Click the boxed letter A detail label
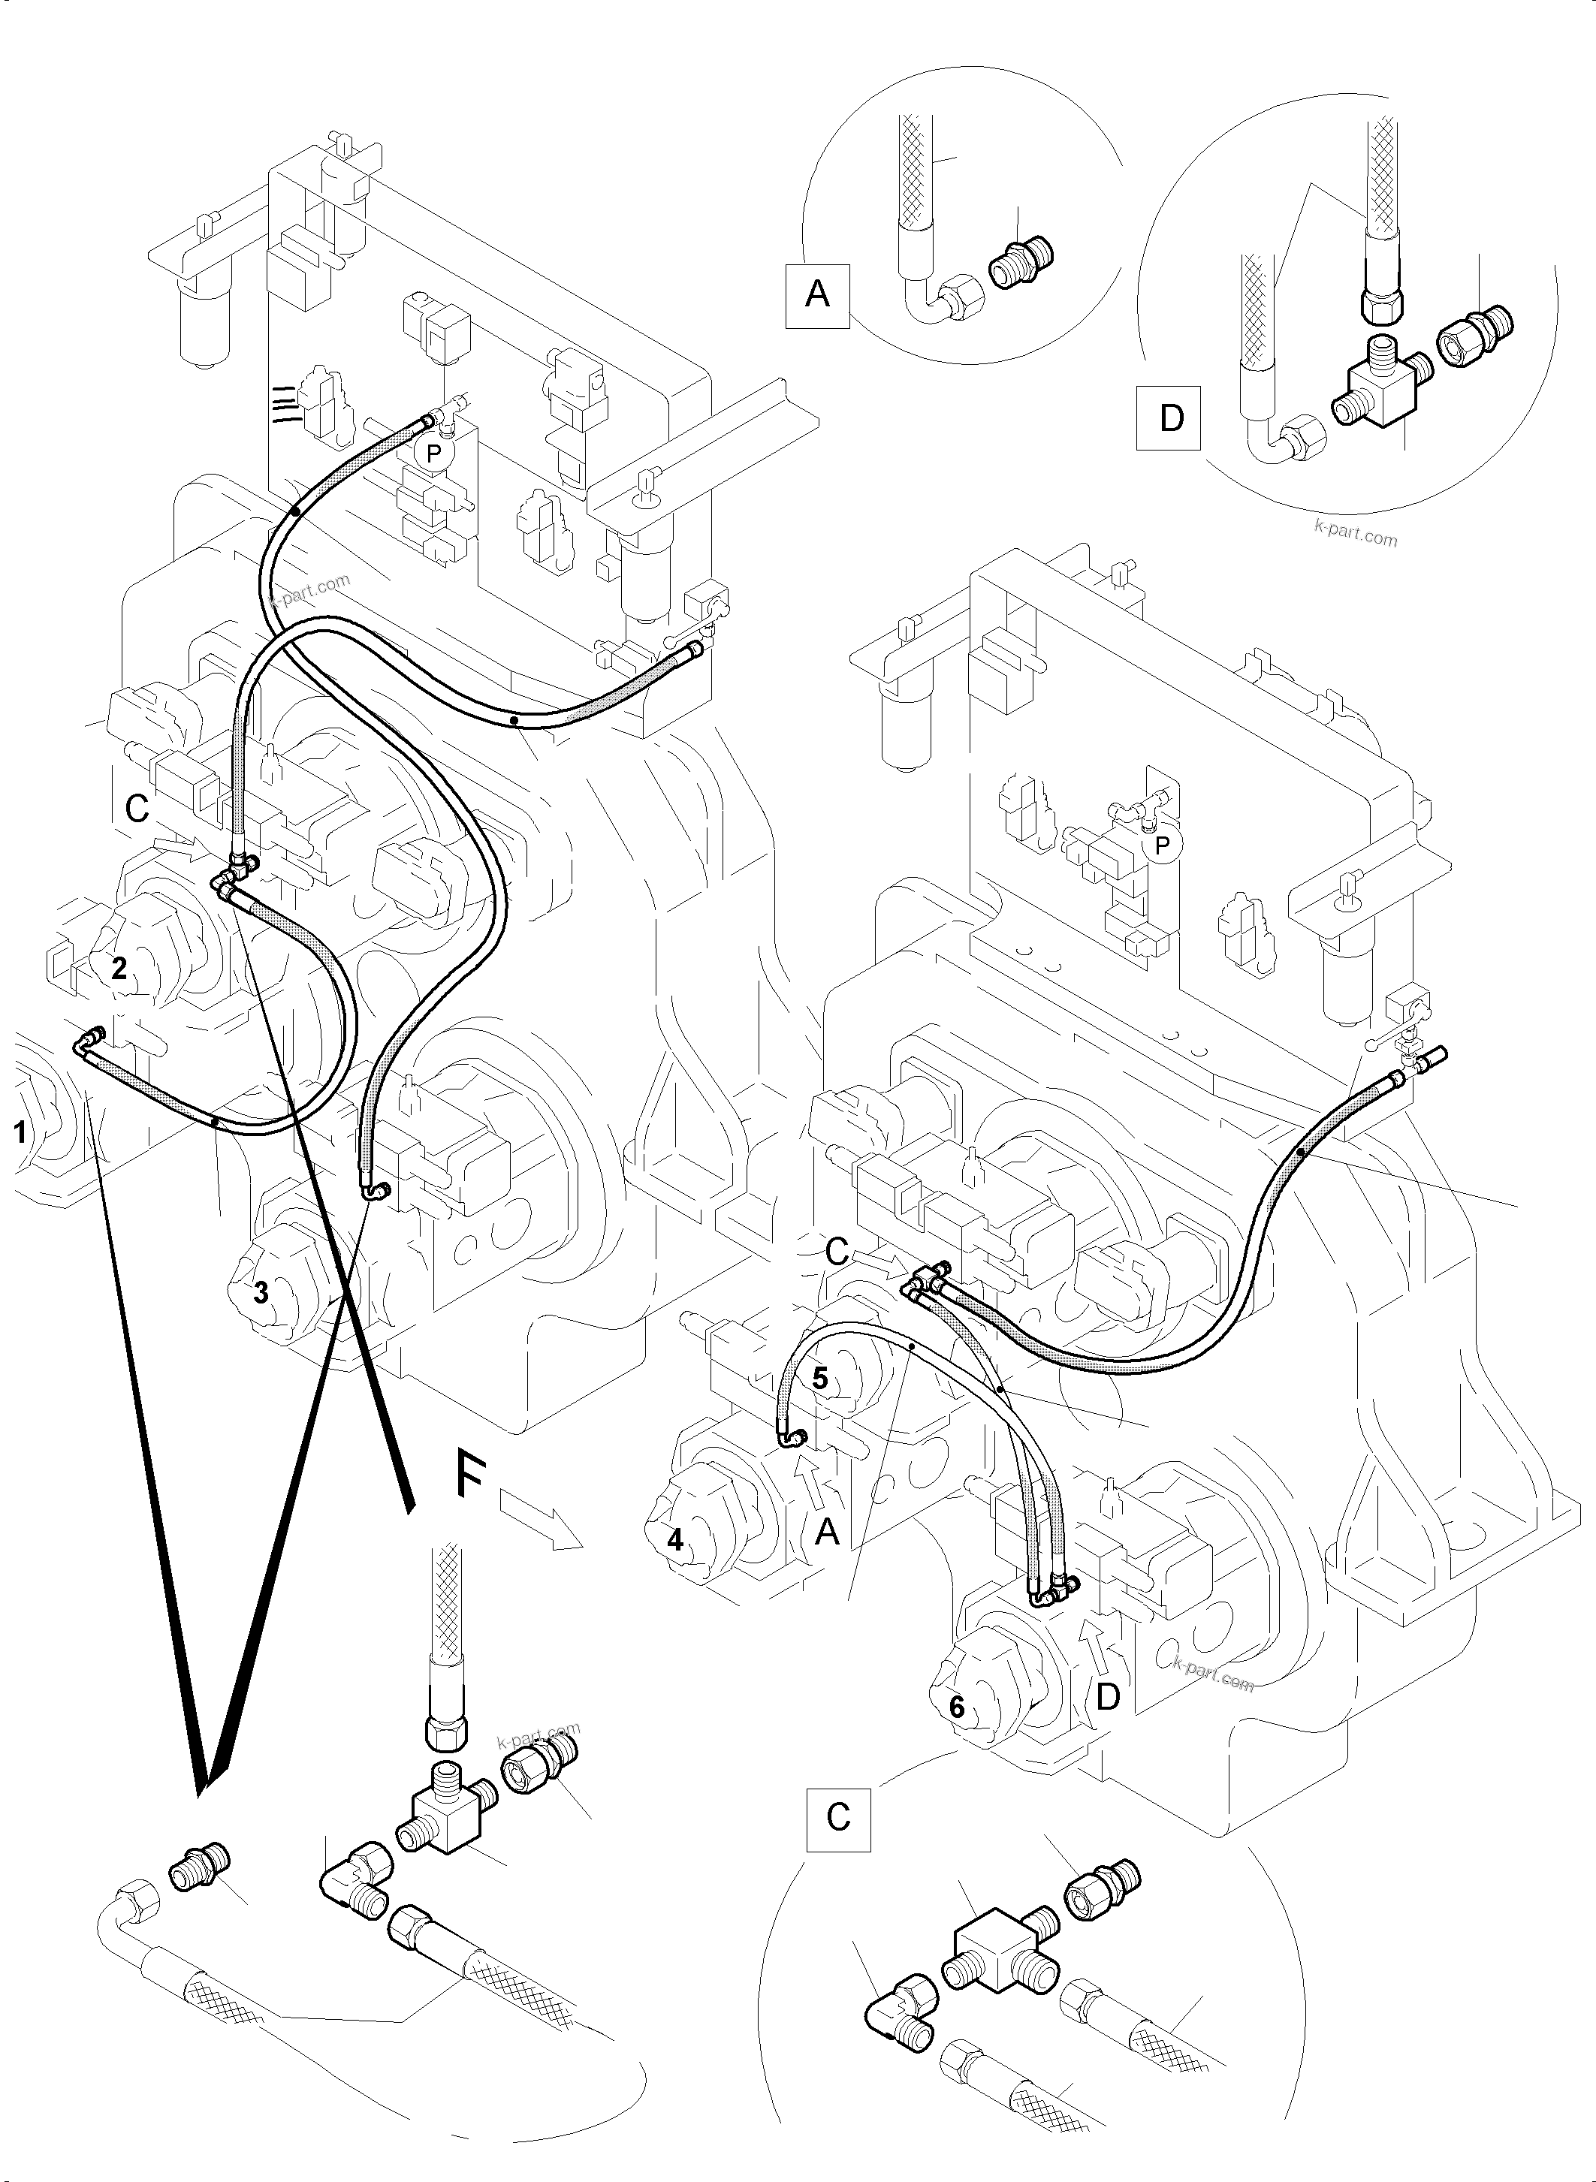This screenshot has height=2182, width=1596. pos(817,294)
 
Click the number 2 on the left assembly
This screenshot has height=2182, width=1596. pos(119,968)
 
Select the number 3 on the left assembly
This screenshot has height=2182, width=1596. pos(261,1292)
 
